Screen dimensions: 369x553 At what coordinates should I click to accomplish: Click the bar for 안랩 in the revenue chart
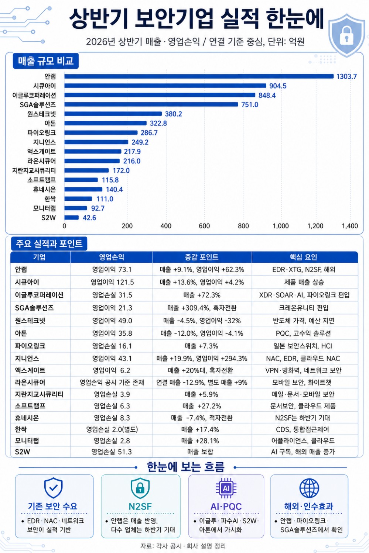pos(199,76)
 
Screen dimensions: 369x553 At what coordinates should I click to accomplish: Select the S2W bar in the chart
pos(72,218)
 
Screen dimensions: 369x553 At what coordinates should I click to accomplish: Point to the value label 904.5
pos(278,86)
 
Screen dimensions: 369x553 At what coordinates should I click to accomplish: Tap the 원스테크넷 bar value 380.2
pos(173,114)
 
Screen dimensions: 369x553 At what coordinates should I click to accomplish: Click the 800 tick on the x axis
pos(243,226)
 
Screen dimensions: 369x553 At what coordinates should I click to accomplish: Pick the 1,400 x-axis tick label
pos(350,226)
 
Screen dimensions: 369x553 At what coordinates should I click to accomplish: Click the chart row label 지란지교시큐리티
pos(34,170)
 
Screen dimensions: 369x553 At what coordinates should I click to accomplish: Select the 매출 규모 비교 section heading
pos(46,61)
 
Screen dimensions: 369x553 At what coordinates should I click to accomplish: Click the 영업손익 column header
pos(112,257)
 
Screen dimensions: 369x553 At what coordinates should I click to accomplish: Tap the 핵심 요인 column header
pos(303,257)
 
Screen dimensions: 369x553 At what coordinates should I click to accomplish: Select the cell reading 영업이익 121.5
pos(112,282)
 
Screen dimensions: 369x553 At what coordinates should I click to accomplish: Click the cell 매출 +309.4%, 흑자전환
pos(202,308)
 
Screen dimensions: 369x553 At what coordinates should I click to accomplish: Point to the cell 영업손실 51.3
pos(112,452)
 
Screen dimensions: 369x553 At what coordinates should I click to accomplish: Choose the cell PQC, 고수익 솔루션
pos(303,333)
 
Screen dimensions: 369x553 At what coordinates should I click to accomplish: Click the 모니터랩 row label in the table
pos(27,441)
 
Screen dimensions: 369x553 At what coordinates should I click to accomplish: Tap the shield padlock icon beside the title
pos(347,36)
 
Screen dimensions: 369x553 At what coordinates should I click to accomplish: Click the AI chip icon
pos(226,488)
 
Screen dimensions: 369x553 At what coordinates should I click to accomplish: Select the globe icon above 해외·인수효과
pos(309,488)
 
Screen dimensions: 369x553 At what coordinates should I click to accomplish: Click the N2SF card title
pos(140,507)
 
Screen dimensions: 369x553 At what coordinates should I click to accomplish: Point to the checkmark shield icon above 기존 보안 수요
pos(54,488)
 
